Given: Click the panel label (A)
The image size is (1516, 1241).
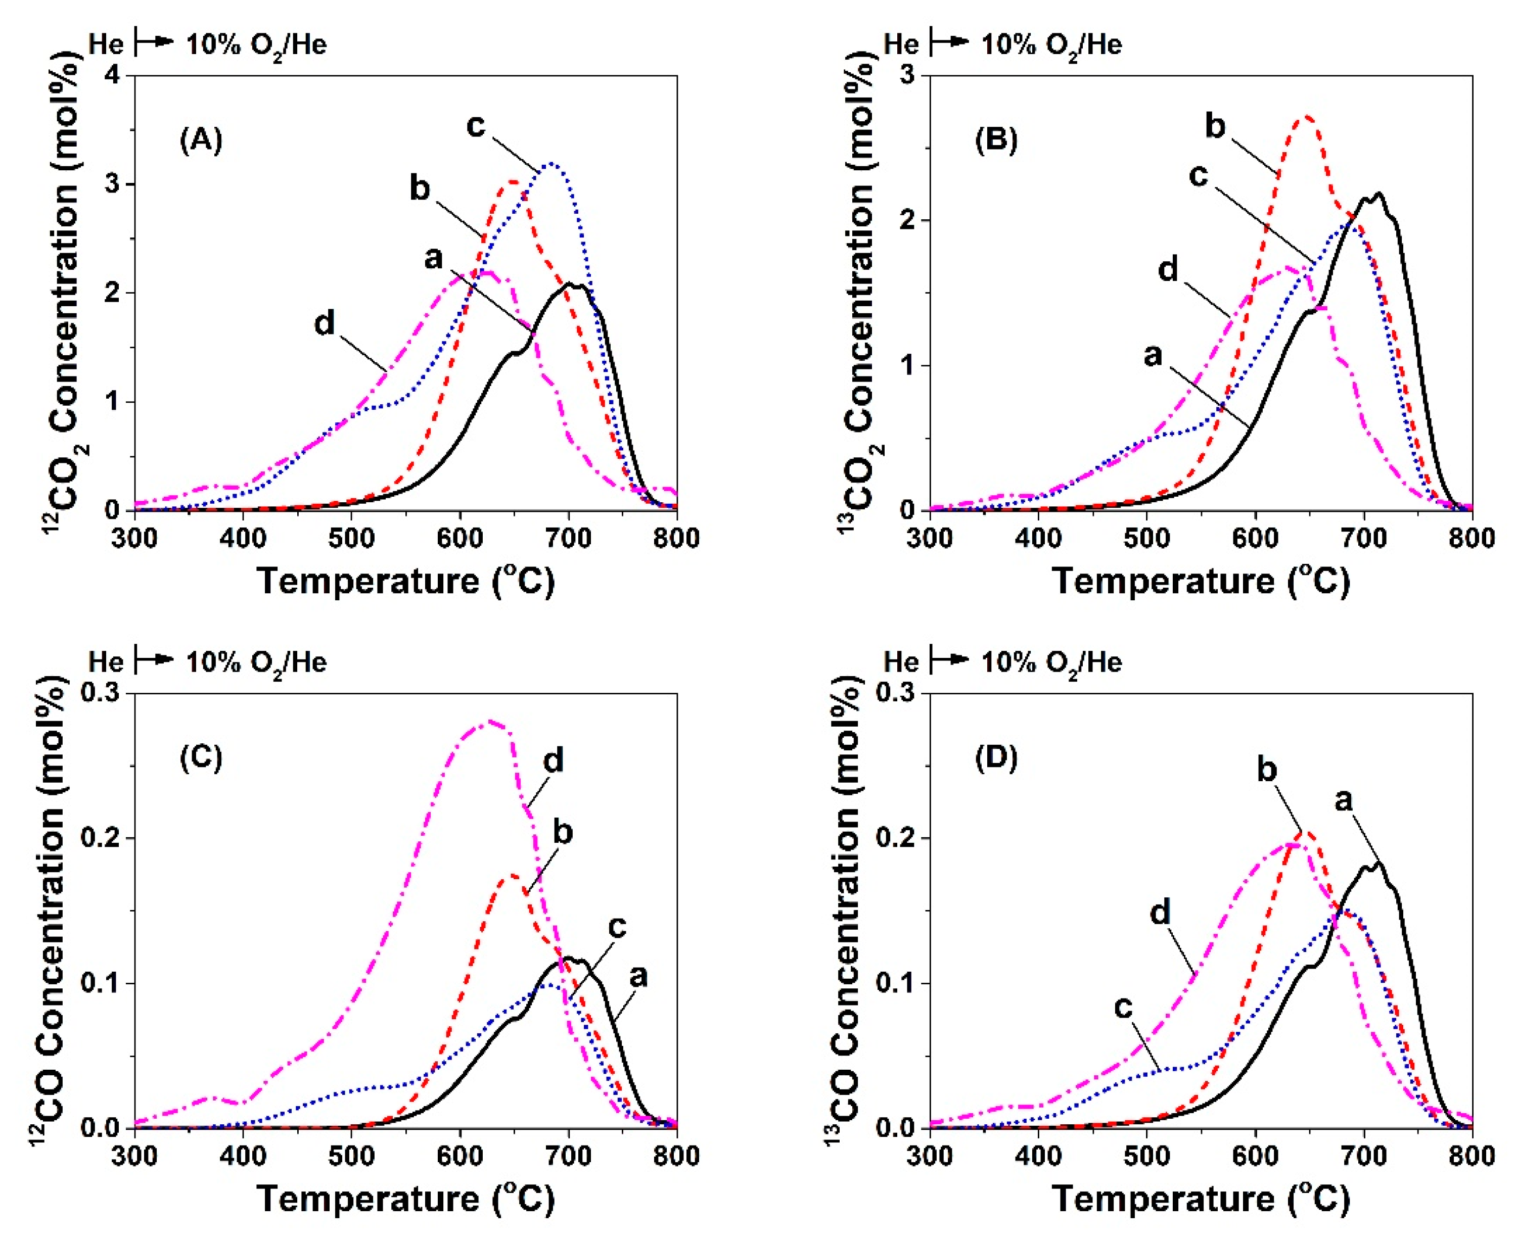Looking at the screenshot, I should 201,139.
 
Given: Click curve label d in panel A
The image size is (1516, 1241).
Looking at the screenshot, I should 324,323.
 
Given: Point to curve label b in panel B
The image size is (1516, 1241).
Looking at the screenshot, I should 1215,126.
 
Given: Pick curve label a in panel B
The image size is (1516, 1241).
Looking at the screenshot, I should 1153,355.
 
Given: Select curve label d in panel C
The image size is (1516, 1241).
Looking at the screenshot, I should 554,760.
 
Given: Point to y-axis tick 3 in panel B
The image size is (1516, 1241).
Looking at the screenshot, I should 909,75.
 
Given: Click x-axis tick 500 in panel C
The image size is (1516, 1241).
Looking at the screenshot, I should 352,1157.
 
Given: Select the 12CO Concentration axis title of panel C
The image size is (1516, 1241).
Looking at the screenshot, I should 50,908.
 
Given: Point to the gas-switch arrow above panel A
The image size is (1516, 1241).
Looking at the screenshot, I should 155,43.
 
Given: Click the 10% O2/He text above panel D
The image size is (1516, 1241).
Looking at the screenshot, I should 1050,662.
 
